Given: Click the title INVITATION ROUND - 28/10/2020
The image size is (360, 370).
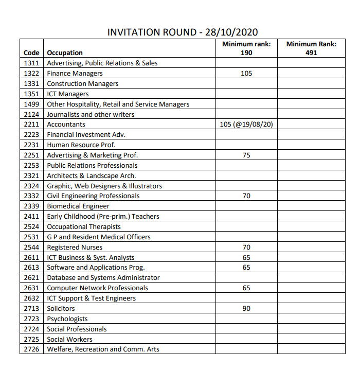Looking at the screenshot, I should click(182, 32).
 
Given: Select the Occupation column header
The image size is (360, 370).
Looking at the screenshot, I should click(65, 53).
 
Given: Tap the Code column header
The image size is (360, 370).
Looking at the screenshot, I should click(31, 53).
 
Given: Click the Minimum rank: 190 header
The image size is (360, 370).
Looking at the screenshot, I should click(246, 48).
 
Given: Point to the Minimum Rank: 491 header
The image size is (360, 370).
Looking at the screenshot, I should click(311, 48).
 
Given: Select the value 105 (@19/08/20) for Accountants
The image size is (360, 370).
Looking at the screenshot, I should click(246, 125).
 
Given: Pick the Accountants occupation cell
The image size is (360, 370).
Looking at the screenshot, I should click(66, 125).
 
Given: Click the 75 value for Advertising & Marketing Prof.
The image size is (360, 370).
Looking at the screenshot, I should click(246, 155).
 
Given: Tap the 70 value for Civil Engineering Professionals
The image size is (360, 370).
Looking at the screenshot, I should click(246, 196).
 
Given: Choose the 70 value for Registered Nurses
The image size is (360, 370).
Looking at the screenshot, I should click(246, 247).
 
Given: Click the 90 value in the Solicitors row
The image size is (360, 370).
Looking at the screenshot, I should click(246, 308).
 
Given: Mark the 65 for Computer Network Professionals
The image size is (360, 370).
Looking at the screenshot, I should click(246, 288).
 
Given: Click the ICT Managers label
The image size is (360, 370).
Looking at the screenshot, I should click(68, 94).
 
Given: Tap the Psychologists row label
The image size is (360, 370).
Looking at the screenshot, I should click(67, 319).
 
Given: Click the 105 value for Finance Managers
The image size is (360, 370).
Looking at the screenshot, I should click(246, 74).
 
